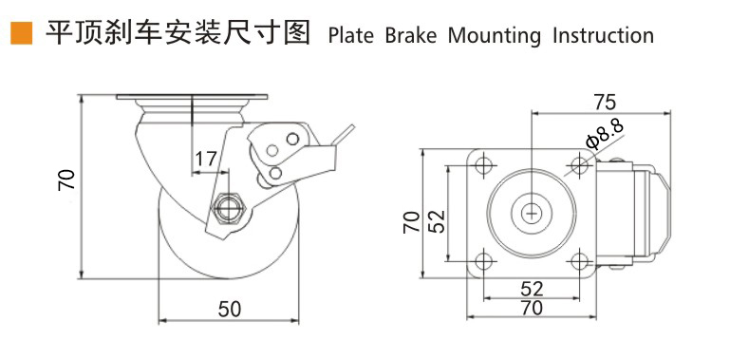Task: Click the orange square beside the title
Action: click(21, 33)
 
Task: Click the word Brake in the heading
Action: click(411, 36)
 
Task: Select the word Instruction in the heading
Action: click(604, 36)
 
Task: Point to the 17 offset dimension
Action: click(205, 159)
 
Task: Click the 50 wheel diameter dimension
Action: click(230, 310)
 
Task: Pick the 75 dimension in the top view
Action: click(605, 102)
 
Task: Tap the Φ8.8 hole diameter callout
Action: click(606, 134)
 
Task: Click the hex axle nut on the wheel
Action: click(230, 209)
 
